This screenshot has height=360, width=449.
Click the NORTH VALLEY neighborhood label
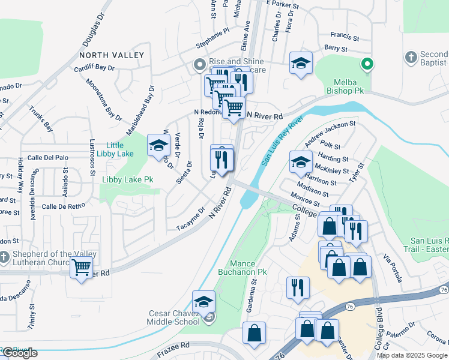point(111,55)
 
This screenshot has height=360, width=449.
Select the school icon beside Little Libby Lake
point(158,146)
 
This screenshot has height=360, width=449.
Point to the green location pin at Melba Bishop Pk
point(367,63)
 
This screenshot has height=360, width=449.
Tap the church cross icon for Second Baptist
point(411,58)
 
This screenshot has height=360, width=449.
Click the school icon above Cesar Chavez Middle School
point(204,302)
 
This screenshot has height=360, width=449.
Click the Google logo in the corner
point(19,353)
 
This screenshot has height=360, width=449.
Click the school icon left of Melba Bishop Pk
point(301,64)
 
